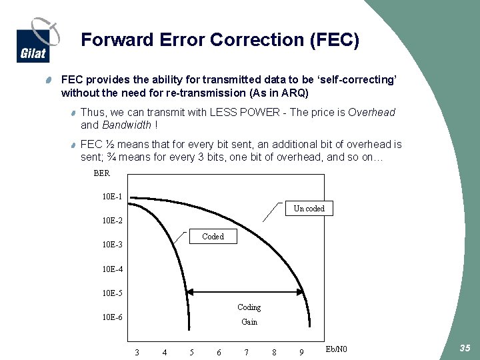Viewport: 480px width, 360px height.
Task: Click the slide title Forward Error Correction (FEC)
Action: [220, 40]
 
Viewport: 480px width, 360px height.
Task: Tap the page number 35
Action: [465, 349]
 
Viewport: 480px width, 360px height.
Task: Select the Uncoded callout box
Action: [309, 209]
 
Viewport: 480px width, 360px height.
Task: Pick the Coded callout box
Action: [213, 237]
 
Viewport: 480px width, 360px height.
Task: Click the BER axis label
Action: [102, 173]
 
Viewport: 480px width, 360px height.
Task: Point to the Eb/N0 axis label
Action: [337, 349]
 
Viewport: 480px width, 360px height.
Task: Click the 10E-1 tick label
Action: [112, 197]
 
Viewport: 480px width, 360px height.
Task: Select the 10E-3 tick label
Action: [112, 245]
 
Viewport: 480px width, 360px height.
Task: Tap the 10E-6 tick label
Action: [112, 317]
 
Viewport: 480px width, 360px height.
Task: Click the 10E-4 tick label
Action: [112, 269]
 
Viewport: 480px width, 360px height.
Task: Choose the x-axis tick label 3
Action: [137, 352]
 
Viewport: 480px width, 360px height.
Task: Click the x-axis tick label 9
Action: [301, 352]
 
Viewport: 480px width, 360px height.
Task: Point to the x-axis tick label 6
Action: [219, 352]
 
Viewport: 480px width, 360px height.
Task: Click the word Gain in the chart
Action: [249, 322]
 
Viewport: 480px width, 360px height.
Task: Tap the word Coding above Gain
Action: [249, 307]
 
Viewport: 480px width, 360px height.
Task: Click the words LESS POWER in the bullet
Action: [244, 113]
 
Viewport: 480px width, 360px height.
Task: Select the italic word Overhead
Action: [371, 113]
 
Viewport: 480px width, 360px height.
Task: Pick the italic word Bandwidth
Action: [126, 125]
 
